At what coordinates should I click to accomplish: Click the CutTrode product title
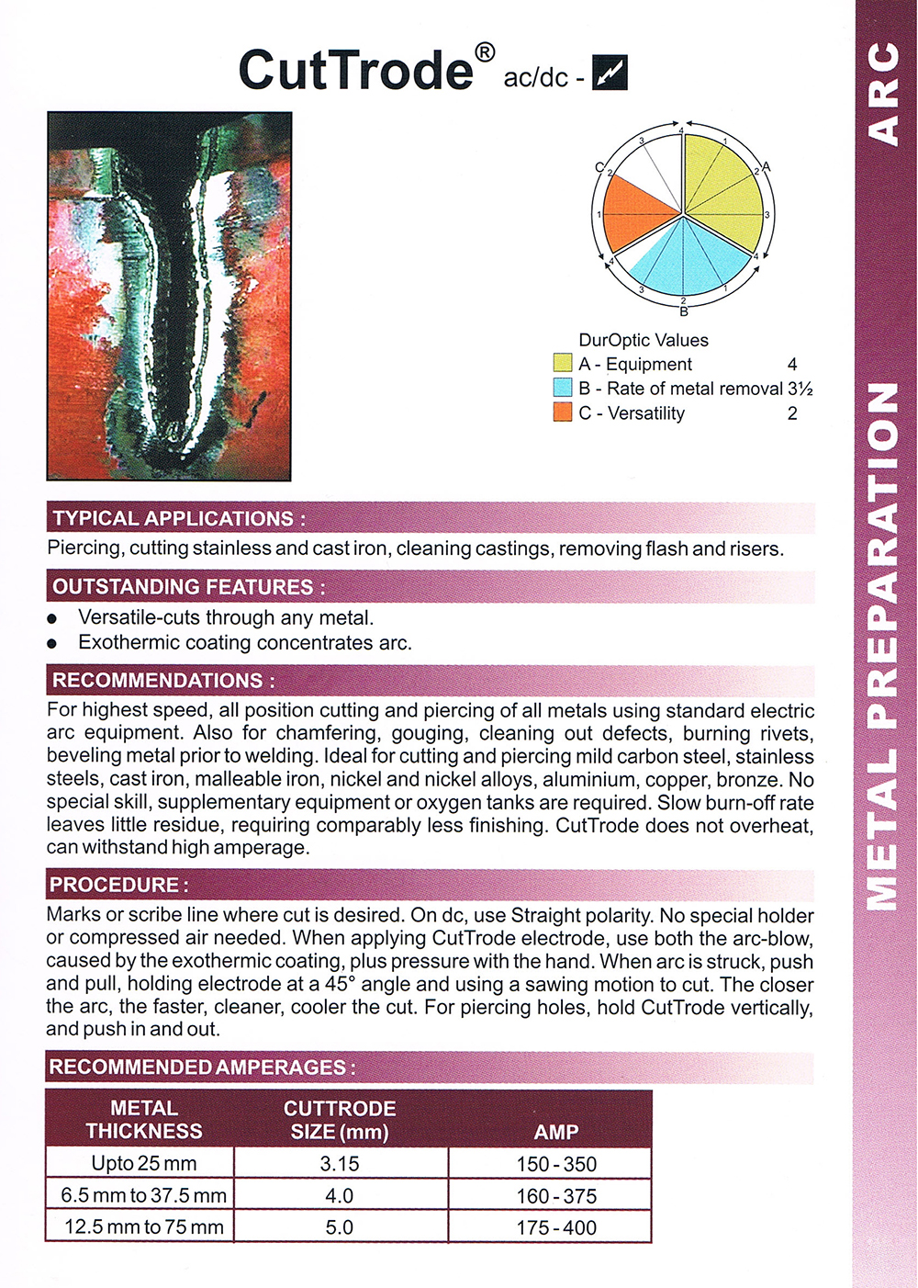point(356,70)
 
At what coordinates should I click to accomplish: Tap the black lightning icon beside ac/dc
point(610,73)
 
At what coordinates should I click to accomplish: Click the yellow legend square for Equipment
point(563,364)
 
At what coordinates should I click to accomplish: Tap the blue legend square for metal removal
point(563,388)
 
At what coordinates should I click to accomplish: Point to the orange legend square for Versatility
point(563,412)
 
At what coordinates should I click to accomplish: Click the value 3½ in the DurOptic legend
point(800,389)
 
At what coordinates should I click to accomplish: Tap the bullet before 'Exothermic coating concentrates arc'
point(52,643)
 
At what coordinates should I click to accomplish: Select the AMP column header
point(556,1132)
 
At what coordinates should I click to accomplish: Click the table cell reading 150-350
point(556,1164)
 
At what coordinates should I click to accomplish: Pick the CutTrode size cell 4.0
point(340,1195)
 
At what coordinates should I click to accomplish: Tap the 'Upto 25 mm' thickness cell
point(144,1164)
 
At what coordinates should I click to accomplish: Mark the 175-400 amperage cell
point(556,1227)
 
